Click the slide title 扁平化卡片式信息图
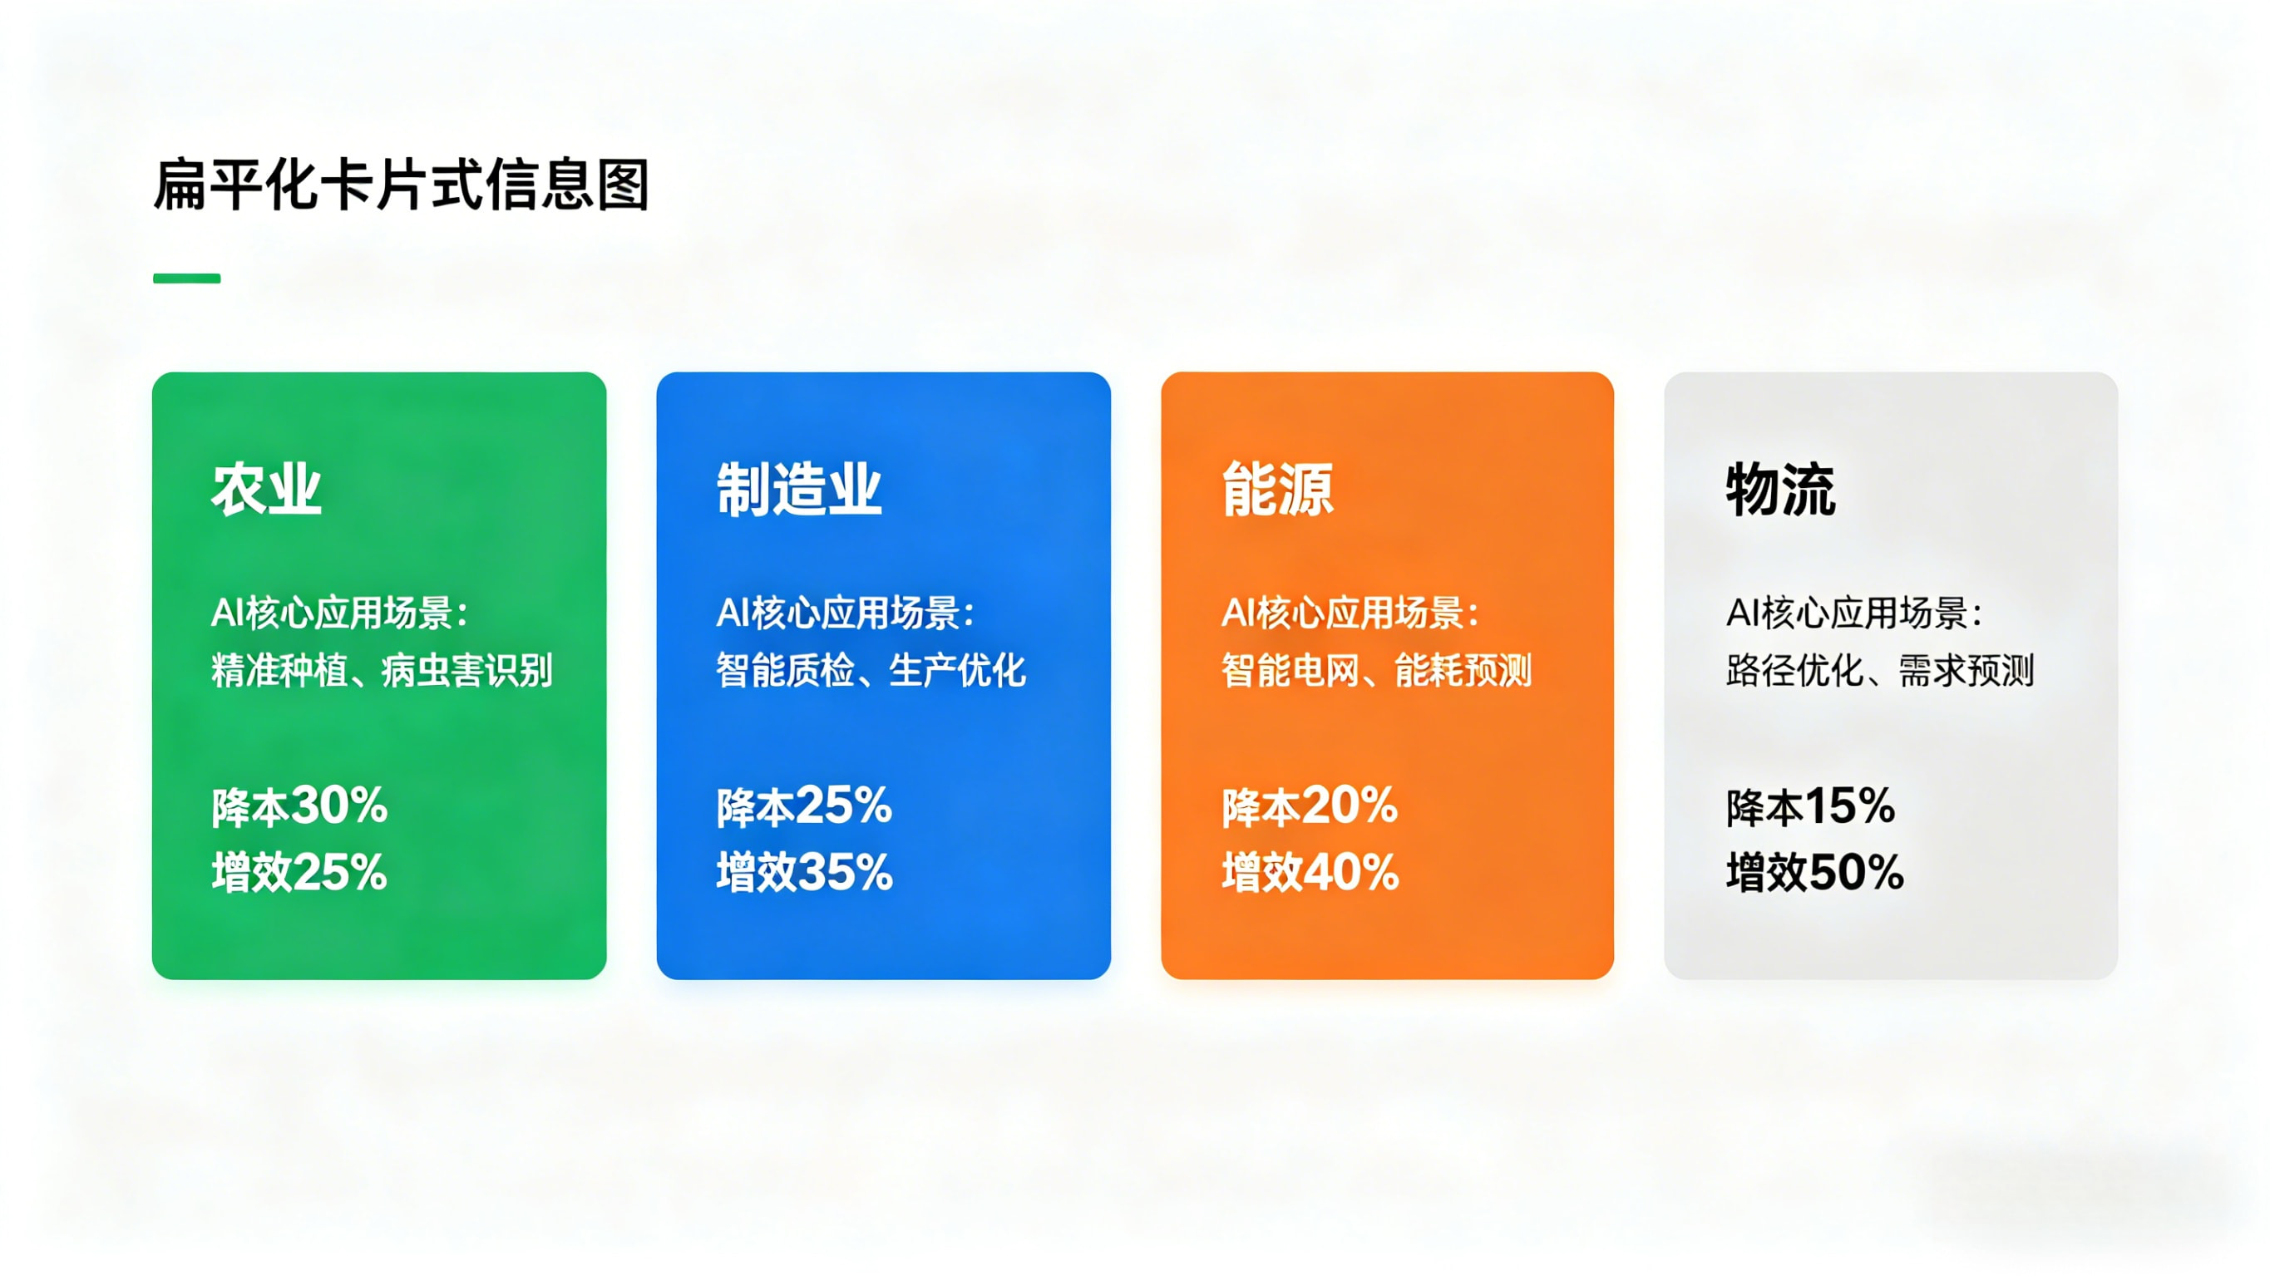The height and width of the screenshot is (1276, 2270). pos(402,185)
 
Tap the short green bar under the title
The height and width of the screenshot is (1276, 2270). pos(187,278)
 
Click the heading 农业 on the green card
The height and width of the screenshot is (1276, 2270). pos(266,490)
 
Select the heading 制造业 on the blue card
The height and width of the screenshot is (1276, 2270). pos(798,490)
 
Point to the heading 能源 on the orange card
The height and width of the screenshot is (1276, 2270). pos(1277,490)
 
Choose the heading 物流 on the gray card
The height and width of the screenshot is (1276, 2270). pos(1780,490)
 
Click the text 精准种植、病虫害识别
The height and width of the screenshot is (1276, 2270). pos(382,671)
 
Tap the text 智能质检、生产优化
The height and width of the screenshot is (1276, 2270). pos(871,671)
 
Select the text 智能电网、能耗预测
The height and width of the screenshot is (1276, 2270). pos(1375,671)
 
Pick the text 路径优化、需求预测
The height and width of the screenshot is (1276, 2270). pos(1880,671)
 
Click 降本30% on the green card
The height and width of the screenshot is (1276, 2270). pos(299,806)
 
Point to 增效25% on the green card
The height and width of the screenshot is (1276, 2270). pos(299,872)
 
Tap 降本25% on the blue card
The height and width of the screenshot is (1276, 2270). pos(804,806)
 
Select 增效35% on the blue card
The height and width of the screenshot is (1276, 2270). pos(804,872)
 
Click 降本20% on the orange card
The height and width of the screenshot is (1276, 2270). pos(1310,806)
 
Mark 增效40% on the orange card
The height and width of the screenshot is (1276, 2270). pos(1310,872)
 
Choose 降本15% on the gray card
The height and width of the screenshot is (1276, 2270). pos(1810,806)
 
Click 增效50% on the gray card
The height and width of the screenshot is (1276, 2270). pos(1814,872)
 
